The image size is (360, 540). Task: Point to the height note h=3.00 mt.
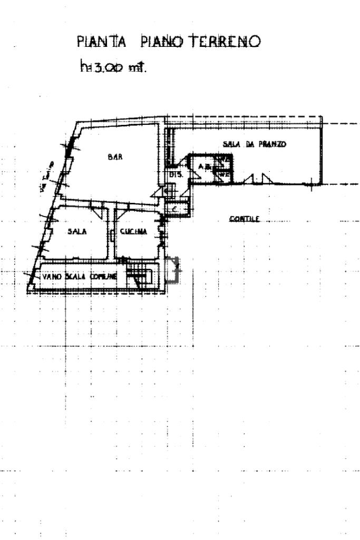click(111, 67)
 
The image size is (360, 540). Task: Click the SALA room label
click(76, 231)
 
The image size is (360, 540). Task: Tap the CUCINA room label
click(133, 231)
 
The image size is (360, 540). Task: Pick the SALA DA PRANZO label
click(254, 144)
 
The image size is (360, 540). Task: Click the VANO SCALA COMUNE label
click(79, 276)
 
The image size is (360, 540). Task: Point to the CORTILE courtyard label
click(245, 219)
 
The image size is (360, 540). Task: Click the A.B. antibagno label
click(202, 167)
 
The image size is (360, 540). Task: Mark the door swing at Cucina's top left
click(120, 213)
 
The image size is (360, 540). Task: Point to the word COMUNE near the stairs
click(103, 276)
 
